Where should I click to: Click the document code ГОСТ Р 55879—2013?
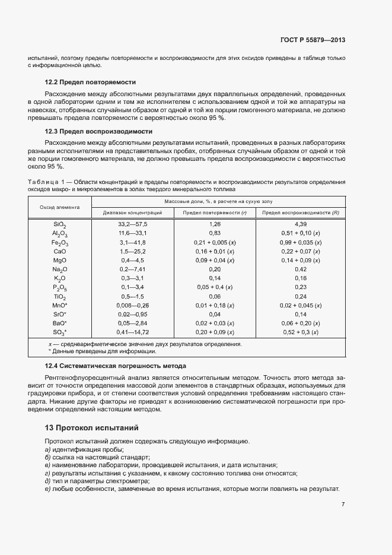point(312,40)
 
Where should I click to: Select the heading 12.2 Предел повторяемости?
point(90,82)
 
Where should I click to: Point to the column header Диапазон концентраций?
point(132,213)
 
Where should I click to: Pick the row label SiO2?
point(59,225)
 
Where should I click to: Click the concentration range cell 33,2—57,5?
point(132,224)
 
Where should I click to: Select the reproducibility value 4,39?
point(300,224)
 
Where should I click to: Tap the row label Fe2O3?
point(59,243)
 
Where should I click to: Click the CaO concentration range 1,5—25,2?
point(132,251)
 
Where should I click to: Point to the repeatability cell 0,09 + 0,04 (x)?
point(215,260)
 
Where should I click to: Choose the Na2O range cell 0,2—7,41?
point(132,269)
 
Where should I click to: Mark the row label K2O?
point(59,278)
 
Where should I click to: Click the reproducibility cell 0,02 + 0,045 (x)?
point(300,305)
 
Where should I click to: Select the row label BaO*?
point(59,323)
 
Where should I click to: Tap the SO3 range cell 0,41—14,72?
point(132,332)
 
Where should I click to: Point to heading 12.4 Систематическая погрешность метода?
point(116,366)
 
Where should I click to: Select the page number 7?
point(343,504)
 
